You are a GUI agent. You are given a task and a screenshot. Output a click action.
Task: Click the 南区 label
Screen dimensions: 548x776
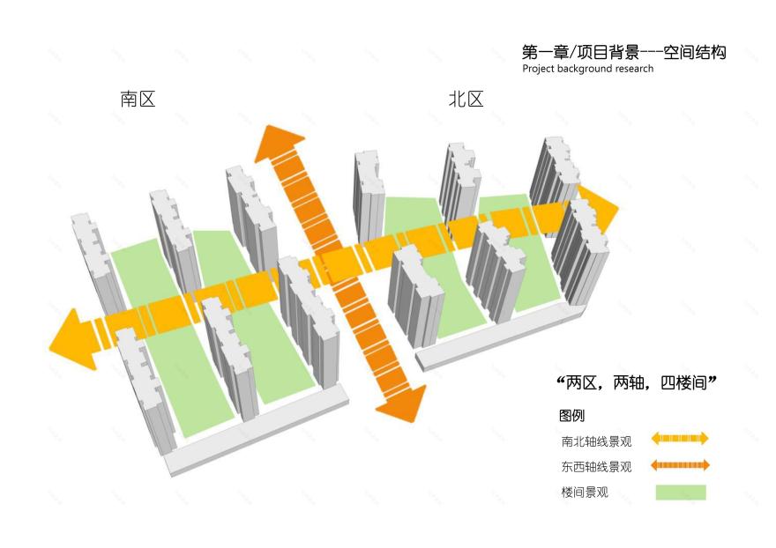[138, 100]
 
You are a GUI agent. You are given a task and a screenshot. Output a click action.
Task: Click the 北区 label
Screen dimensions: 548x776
[466, 100]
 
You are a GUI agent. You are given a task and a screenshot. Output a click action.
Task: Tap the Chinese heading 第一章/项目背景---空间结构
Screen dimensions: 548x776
[623, 53]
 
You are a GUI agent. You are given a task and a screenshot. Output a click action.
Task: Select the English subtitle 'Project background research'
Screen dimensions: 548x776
[587, 69]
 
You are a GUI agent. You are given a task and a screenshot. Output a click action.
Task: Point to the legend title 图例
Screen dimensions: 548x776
[571, 416]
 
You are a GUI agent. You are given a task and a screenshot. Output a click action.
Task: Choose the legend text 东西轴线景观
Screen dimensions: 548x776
[596, 467]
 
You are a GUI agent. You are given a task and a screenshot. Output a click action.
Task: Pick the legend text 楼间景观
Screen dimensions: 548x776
[585, 492]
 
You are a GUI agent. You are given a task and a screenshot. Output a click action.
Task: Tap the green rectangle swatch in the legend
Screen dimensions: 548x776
[681, 492]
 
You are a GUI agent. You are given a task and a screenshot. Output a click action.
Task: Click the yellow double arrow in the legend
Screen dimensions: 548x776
[680, 439]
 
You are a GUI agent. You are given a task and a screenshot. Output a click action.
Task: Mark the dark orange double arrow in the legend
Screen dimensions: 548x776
[680, 465]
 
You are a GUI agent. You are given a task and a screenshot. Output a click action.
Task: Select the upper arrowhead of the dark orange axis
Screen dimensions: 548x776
[278, 141]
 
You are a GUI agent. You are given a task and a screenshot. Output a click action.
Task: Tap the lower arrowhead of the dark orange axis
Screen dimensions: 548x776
[402, 405]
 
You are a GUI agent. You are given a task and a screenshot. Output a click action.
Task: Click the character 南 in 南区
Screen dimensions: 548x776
[129, 100]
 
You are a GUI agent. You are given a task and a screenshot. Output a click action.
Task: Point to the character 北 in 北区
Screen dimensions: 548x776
[457, 100]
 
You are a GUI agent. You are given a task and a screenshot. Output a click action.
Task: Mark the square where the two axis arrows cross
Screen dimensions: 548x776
[338, 263]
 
